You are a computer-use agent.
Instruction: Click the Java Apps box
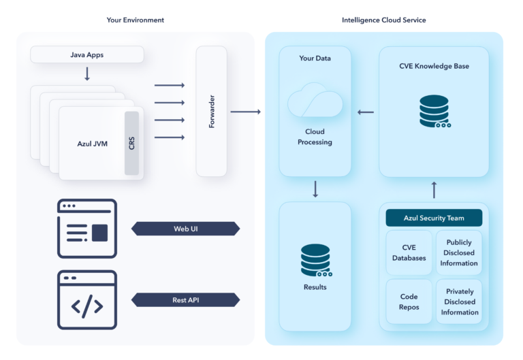[87, 54]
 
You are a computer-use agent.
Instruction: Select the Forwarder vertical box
[211, 111]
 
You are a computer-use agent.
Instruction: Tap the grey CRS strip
[131, 143]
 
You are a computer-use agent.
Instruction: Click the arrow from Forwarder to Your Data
[245, 111]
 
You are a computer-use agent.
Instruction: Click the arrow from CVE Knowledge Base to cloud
[365, 112]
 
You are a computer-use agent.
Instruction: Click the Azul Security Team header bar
[434, 218]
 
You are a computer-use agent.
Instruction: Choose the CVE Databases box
[409, 253]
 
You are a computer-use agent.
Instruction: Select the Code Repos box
[409, 301]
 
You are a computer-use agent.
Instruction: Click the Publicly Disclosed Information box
[459, 252]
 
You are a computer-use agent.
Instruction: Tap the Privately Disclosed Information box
[459, 301]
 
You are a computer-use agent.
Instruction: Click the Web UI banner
[185, 229]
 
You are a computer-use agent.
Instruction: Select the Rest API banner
[185, 299]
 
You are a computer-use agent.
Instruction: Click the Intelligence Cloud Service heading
[383, 20]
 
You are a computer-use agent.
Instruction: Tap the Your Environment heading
[135, 20]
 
